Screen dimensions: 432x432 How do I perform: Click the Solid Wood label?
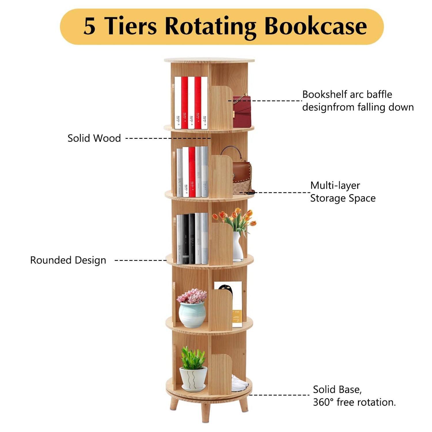[94, 138]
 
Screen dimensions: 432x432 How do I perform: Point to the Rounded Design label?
[68, 260]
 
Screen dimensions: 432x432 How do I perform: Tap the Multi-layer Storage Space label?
[343, 192]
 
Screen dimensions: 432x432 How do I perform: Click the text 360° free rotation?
[354, 402]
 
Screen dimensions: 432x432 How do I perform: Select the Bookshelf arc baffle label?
[347, 94]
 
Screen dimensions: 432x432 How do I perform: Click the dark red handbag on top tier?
[242, 111]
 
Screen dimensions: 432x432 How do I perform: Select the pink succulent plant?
[192, 296]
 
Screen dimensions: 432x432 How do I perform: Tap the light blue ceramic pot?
[192, 314]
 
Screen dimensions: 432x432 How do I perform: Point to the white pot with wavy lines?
[193, 379]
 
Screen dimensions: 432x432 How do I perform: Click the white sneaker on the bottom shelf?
[239, 384]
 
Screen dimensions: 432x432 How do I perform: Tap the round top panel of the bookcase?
[209, 60]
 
